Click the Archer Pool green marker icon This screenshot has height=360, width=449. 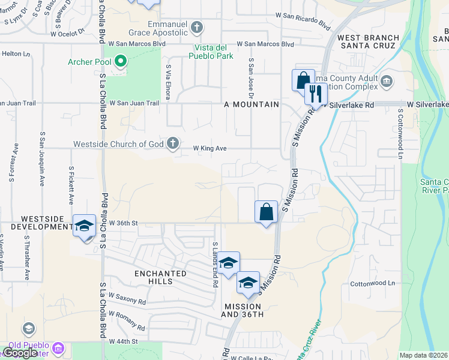tap(121, 61)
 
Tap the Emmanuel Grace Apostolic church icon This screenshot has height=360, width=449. tap(198, 27)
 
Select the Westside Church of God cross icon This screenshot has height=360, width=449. tap(173, 143)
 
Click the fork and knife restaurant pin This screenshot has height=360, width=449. tap(315, 93)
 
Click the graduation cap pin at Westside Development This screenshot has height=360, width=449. tap(84, 226)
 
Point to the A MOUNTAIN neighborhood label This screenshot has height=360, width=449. tap(252, 104)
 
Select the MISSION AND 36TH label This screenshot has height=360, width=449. tap(243, 310)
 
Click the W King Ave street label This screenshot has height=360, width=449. tap(209, 148)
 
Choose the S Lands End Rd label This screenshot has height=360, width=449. tap(214, 265)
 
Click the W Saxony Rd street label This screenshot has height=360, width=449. tap(127, 298)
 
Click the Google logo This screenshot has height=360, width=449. tap(19, 353)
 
